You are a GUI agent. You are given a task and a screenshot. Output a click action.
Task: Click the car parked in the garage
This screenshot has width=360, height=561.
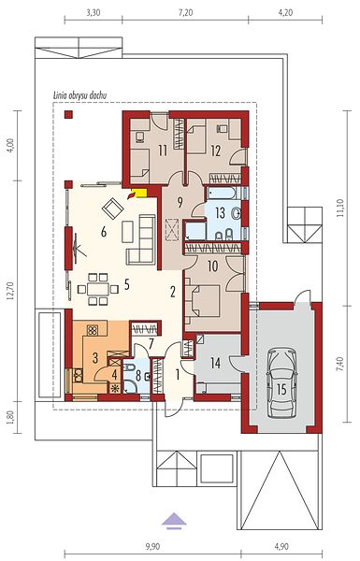click(282, 382)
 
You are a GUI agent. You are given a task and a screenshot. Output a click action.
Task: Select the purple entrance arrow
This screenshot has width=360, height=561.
click(174, 521)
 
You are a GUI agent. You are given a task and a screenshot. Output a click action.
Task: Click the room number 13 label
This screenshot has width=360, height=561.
click(220, 213)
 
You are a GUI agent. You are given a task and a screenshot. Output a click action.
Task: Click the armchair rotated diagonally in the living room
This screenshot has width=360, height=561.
click(113, 208)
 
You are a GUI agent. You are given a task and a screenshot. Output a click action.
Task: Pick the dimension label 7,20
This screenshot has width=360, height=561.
click(185, 13)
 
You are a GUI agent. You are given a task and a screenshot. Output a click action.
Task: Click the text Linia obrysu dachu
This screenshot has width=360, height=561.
click(79, 95)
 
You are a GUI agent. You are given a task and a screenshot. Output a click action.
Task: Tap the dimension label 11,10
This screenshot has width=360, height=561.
click(340, 208)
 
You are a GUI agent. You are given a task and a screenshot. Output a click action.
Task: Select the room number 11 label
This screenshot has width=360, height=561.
click(163, 151)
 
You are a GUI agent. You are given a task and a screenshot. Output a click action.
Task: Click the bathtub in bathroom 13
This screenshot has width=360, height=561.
click(222, 194)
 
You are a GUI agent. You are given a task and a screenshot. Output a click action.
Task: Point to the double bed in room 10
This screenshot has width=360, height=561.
click(202, 301)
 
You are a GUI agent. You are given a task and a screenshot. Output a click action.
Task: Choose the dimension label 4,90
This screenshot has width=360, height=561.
click(281, 546)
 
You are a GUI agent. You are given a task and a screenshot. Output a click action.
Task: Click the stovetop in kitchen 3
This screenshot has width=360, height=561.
click(93, 329)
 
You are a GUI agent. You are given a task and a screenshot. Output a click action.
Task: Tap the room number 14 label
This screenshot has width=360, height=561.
click(215, 364)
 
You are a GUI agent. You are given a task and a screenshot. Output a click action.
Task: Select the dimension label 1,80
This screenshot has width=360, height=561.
click(11, 417)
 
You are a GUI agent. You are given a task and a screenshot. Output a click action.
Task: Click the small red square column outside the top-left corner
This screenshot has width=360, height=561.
click(68, 114)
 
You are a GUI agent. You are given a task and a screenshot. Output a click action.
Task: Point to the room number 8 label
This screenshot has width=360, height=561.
click(138, 377)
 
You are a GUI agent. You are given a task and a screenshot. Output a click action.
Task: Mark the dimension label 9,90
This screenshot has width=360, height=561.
click(152, 546)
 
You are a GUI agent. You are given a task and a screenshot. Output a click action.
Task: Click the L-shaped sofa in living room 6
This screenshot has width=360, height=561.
click(141, 239)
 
